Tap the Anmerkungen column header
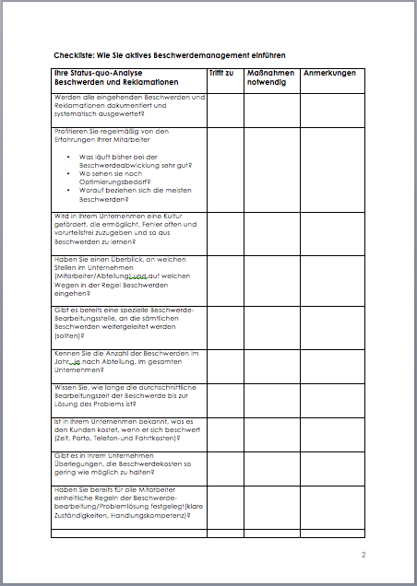[329, 73]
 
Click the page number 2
[363, 556]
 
